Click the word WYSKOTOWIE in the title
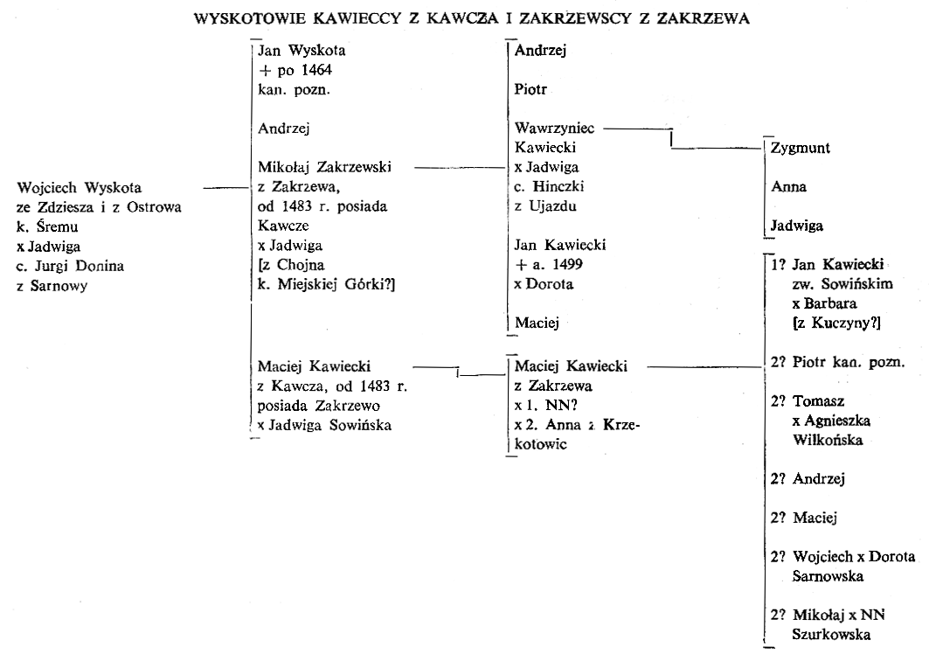coord(250,18)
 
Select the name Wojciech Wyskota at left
coord(80,188)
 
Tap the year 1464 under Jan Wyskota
coord(316,70)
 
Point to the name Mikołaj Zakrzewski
coord(324,167)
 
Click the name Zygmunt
coord(800,149)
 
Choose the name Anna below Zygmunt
coord(788,187)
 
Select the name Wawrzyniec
coord(555,128)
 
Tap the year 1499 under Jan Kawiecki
coord(567,264)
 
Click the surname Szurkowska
coord(831,635)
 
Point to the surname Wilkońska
coord(827,440)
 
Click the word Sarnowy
coord(59,286)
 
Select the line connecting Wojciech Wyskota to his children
coord(225,188)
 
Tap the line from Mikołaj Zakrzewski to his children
coord(461,168)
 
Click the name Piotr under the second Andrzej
coord(530,89)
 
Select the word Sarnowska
coord(828,576)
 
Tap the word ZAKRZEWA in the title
coord(703,18)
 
